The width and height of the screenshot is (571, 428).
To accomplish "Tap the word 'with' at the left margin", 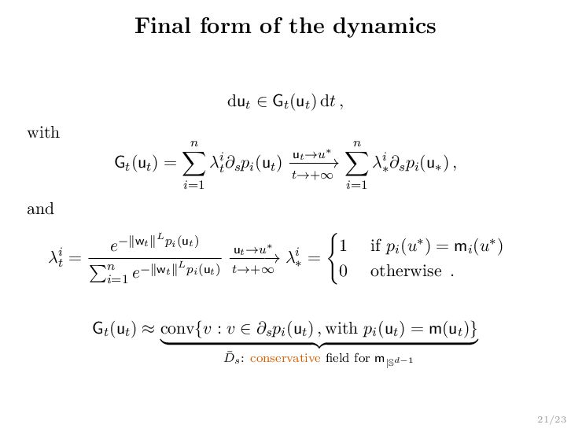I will point(43,132).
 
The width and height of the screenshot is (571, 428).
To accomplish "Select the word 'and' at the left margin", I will point(40,209).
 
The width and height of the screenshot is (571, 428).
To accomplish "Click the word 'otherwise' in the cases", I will point(406,271).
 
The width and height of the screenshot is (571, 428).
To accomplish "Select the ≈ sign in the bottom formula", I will point(145,328).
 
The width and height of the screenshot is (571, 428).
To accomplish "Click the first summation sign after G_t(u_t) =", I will point(193,164).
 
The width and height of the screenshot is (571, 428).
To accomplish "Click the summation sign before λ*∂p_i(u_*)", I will point(356,164).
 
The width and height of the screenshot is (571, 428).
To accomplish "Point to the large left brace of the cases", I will point(329,258).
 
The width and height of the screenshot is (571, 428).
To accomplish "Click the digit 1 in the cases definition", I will point(344,247).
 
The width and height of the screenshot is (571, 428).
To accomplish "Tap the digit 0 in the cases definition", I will point(344,271).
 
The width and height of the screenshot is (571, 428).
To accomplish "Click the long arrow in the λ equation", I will point(253,257).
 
